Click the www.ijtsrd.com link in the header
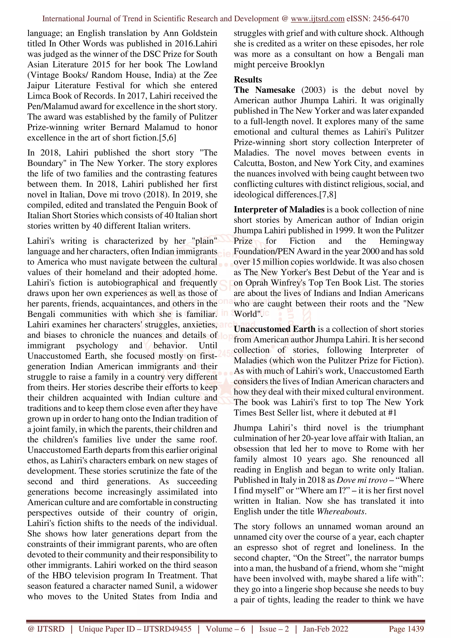317,19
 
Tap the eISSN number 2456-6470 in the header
390,19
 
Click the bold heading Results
248,79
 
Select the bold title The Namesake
264,90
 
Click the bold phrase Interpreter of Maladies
279,210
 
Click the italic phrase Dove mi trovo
362,480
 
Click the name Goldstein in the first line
200,33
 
